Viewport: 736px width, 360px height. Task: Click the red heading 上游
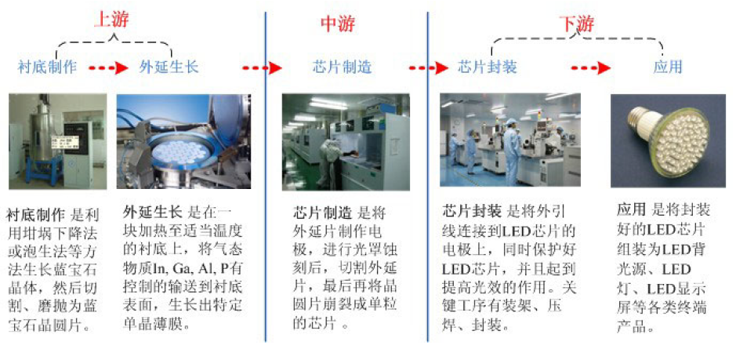coord(111,20)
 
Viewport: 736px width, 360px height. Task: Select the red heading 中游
coord(338,24)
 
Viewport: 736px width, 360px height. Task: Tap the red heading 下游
coord(576,24)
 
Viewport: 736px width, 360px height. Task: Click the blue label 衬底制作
coord(47,67)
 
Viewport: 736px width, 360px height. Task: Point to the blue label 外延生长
coord(169,67)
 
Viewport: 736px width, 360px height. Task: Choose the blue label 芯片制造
coord(343,67)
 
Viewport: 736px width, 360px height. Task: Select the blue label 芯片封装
coord(488,67)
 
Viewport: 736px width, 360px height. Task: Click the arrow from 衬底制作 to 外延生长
coord(108,68)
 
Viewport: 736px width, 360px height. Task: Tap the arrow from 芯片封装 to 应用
coord(590,68)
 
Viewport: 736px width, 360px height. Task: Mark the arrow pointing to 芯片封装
coord(429,68)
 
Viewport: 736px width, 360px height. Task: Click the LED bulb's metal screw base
coord(640,120)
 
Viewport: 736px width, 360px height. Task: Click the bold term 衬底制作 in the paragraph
coord(36,215)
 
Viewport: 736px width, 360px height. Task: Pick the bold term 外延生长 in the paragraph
coord(152,213)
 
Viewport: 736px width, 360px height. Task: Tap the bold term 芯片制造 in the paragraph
coord(322,213)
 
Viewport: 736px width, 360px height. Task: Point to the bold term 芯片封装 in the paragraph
coord(472,210)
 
